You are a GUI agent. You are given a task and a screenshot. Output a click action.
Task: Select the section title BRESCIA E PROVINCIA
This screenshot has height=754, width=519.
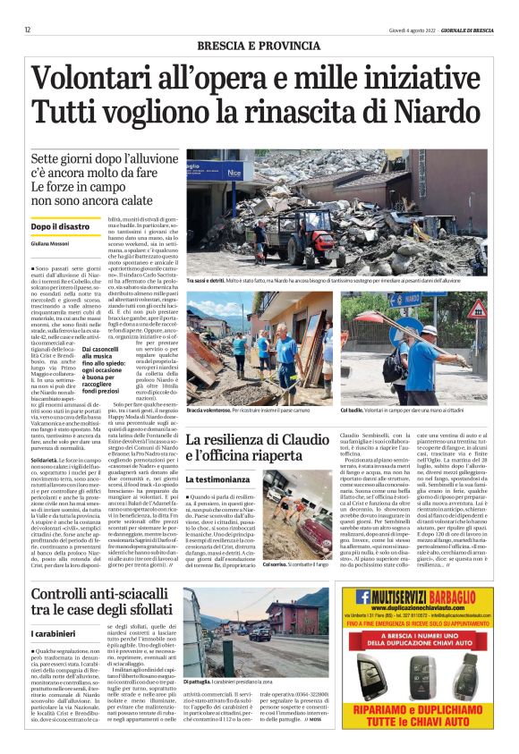pos(259,45)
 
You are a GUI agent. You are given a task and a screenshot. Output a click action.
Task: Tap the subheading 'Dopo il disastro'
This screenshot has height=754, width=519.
pos(60,227)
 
